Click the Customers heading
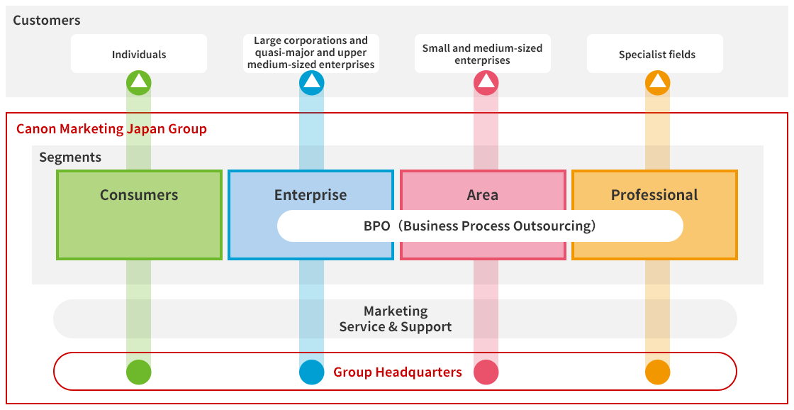(47, 21)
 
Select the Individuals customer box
(139, 54)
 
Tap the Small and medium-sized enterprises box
(482, 54)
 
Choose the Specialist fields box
(656, 54)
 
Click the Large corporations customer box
(311, 53)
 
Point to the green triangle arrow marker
(139, 83)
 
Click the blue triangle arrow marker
(311, 83)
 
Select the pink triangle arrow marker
(486, 83)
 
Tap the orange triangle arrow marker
(657, 83)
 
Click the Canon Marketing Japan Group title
(111, 129)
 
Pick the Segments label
(70, 157)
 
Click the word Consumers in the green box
(139, 195)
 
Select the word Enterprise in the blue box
(311, 195)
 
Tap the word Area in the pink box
(483, 195)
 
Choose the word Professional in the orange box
(654, 195)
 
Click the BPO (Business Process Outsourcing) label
(480, 226)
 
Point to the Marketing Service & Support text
(396, 319)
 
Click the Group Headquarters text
(398, 372)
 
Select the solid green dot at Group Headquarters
(139, 372)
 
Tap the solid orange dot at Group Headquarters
(657, 372)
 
